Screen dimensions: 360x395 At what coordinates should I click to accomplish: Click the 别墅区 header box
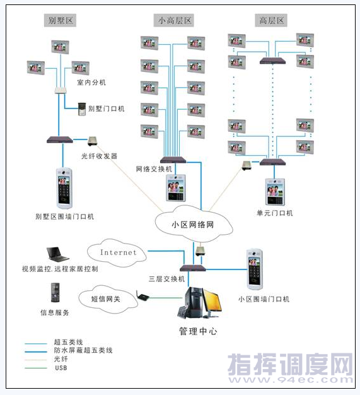tap(60, 20)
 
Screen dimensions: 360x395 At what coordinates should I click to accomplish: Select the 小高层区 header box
tap(174, 20)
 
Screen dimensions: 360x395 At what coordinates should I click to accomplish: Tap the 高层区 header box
tap(271, 20)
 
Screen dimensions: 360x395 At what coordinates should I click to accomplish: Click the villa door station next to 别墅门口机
tap(82, 109)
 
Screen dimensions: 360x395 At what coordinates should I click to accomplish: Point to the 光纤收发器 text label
tap(99, 156)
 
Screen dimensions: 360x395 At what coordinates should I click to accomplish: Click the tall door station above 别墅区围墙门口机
tap(64, 188)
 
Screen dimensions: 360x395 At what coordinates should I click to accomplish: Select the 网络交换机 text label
tap(154, 168)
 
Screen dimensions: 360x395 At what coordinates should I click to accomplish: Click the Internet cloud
tap(117, 252)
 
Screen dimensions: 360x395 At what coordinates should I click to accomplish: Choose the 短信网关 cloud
tap(108, 299)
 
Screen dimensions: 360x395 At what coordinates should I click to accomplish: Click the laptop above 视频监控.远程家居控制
tap(57, 254)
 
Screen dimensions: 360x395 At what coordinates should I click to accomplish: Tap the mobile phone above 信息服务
tap(55, 293)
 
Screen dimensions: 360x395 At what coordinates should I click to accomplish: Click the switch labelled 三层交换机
tap(193, 268)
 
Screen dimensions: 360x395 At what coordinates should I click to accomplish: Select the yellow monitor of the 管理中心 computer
tap(212, 301)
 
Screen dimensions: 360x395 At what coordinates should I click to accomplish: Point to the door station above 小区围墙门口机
tap(254, 269)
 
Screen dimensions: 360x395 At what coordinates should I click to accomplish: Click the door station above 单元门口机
tap(275, 192)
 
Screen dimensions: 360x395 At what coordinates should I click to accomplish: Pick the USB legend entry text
tap(61, 368)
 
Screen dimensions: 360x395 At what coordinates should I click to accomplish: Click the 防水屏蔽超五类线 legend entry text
tap(83, 350)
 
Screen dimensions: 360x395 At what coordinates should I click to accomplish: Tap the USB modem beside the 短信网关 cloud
tap(142, 297)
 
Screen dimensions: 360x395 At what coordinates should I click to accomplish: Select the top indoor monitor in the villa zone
tap(60, 47)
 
